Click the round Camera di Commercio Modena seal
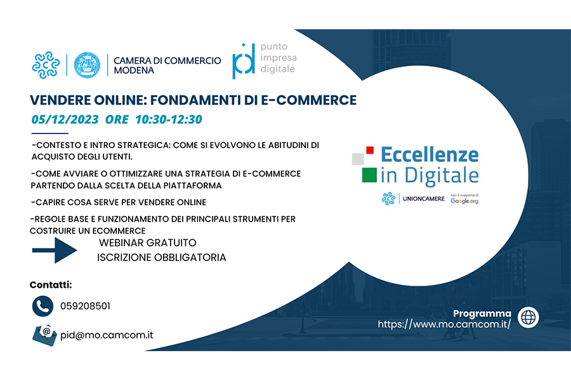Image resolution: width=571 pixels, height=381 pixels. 87,65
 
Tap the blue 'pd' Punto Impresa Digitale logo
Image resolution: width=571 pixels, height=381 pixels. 244,61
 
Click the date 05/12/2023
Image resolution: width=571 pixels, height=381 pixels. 65,119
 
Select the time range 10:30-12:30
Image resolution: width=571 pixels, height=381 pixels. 169,119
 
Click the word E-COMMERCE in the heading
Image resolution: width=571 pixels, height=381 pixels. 309,100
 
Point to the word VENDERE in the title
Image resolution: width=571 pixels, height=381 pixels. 60,100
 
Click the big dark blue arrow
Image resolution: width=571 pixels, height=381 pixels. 55,250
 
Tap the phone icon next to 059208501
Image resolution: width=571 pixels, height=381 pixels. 43,306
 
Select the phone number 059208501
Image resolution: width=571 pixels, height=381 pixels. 85,306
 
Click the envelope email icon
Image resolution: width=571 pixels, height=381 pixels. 44,335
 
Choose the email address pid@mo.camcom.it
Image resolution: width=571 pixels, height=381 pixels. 107,335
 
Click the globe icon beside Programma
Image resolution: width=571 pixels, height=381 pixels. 528,317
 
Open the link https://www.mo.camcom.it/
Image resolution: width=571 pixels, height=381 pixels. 444,324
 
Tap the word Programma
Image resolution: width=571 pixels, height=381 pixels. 482,314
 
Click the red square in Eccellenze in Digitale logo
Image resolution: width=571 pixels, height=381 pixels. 370,150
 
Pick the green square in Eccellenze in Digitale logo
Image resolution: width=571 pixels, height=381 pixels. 369,175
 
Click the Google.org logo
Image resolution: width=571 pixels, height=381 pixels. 464,201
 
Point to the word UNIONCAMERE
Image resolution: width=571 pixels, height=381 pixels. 424,199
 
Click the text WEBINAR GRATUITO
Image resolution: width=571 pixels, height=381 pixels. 147,243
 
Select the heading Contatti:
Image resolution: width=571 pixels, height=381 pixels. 51,284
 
